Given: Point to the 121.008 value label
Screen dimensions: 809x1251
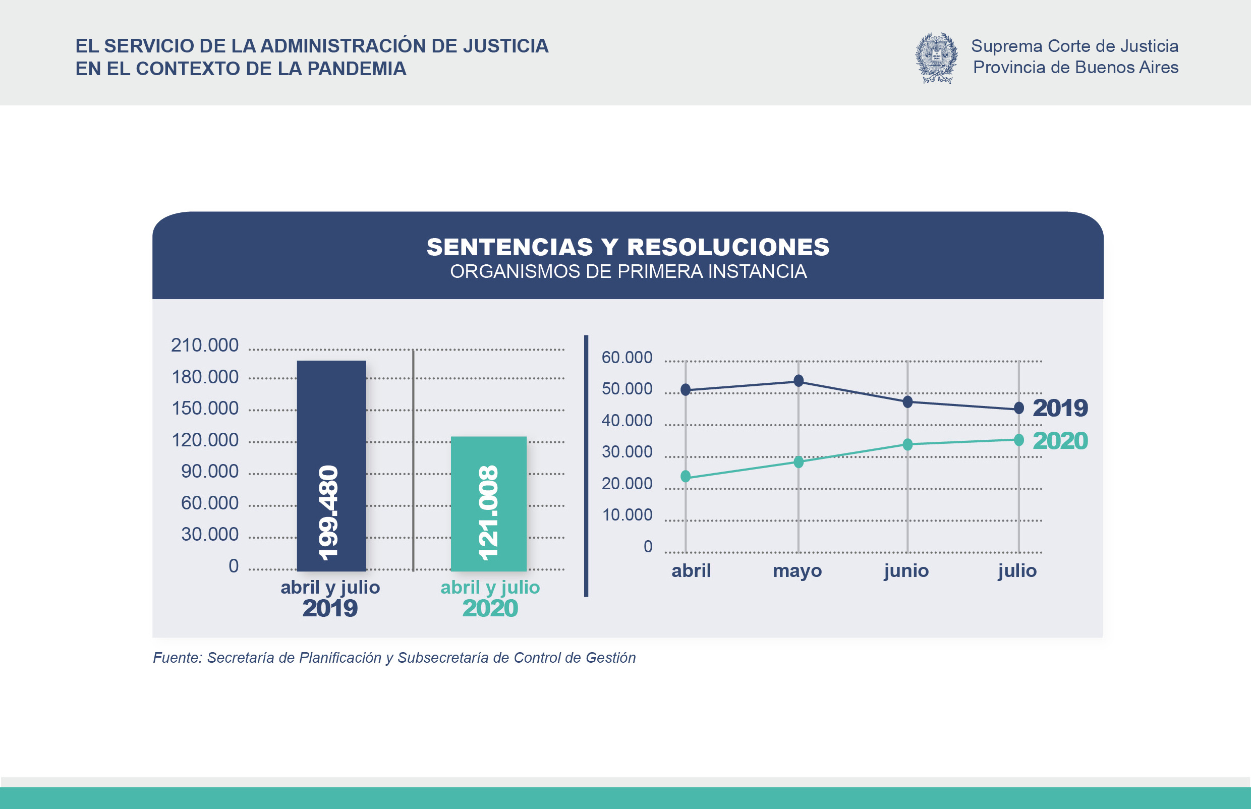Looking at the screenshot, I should [488, 513].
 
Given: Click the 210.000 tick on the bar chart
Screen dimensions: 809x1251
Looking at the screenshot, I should [204, 345].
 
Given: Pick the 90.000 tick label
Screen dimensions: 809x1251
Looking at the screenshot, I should [210, 471].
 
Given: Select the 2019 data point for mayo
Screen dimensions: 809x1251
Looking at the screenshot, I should [798, 381].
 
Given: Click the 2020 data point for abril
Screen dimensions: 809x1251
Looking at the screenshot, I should [686, 477].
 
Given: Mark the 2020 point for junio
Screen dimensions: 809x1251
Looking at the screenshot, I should [907, 444].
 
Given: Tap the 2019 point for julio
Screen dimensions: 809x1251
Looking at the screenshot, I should [1019, 408].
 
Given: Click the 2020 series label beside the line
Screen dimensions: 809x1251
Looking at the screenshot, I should [1060, 441].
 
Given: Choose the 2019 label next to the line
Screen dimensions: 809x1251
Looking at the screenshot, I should [1060, 408].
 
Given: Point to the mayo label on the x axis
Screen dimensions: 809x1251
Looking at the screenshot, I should [797, 570].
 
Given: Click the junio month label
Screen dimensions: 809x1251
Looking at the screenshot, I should [906, 570].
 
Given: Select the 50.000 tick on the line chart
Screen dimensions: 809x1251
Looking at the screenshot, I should [627, 389].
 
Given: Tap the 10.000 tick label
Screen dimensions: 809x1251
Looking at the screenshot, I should [627, 515].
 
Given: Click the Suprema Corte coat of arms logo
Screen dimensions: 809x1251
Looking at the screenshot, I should [936, 58].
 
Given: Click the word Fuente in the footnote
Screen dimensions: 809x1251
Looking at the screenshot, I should [177, 658].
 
